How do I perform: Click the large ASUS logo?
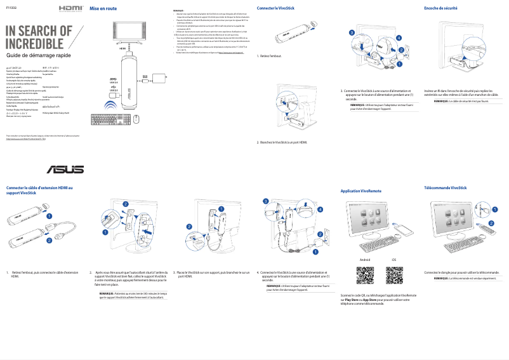click(x=64, y=170)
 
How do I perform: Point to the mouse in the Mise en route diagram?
click(x=136, y=118)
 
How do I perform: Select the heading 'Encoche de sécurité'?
click(x=440, y=8)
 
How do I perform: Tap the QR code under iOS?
click(x=394, y=277)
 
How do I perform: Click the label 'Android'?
click(x=364, y=260)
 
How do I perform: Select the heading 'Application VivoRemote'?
click(x=361, y=190)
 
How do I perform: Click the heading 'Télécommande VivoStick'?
click(x=445, y=187)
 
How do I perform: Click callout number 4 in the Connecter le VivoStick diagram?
click(x=399, y=38)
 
